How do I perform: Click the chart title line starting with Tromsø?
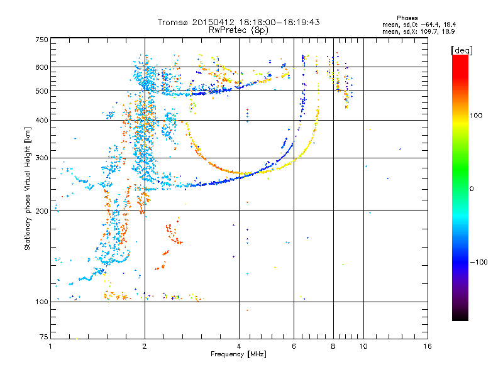(x=239, y=22)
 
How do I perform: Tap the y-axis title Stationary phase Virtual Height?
(x=28, y=188)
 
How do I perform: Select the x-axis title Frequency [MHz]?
(x=238, y=355)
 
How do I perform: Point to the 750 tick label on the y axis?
(x=41, y=40)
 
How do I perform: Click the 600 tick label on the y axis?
(x=41, y=67)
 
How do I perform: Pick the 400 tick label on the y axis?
(x=41, y=120)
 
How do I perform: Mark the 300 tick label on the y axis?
(x=41, y=158)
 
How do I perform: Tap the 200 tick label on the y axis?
(x=41, y=211)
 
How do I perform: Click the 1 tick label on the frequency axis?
(x=50, y=346)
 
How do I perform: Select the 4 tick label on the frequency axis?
(x=239, y=346)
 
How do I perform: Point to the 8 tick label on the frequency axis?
(x=333, y=346)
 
